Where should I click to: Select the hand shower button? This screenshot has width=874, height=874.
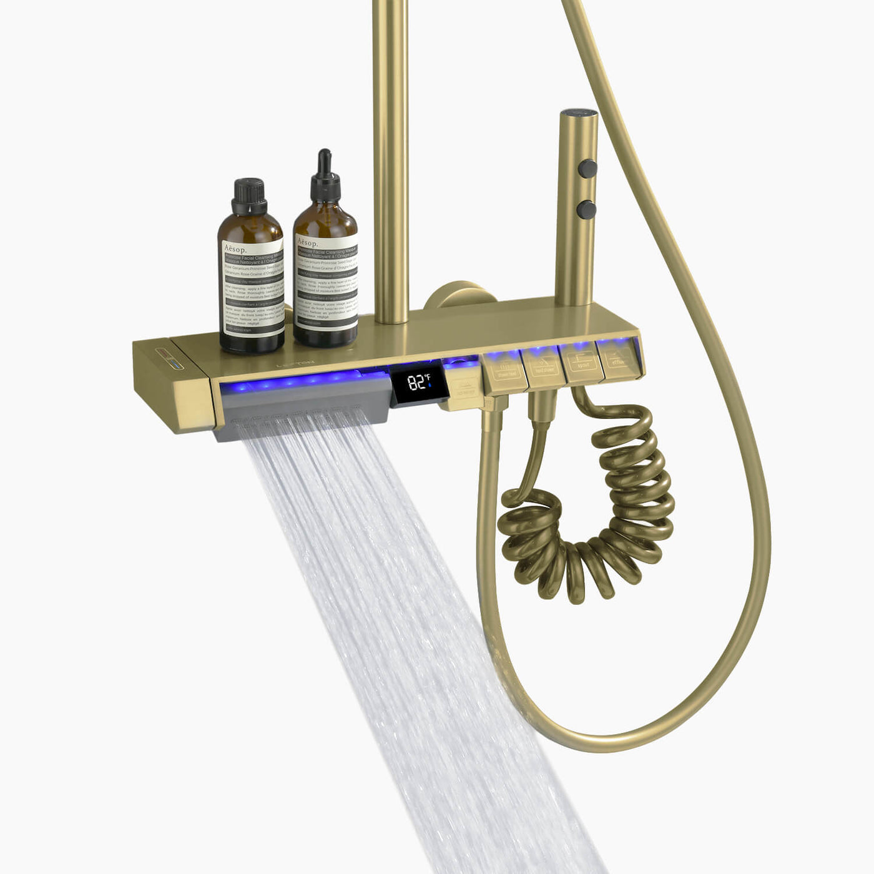coord(544,367)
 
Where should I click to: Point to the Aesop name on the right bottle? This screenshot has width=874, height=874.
coord(308,243)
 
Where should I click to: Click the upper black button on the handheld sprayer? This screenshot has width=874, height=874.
coord(587,168)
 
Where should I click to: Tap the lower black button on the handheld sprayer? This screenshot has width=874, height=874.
coord(586,209)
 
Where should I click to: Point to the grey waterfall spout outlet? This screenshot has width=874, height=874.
coord(300,415)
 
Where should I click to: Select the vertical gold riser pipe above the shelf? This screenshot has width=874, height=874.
coord(391,156)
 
